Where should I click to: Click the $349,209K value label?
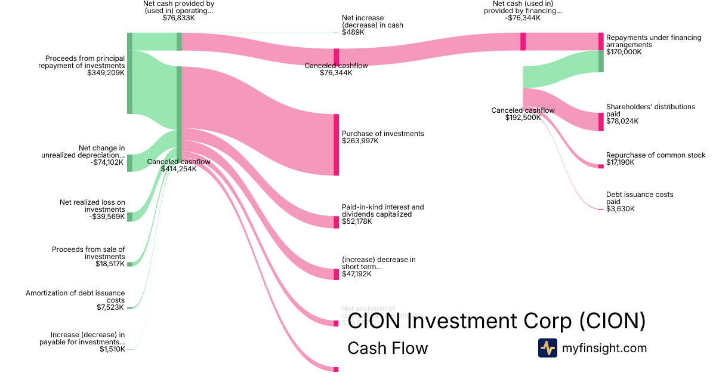tap(106, 73)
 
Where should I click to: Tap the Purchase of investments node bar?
tap(336, 144)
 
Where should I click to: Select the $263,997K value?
tap(360, 141)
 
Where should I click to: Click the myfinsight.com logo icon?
tap(547, 348)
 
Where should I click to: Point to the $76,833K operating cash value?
tap(178, 18)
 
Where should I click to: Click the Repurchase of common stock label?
tap(656, 155)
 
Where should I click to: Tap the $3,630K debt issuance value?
tap(621, 209)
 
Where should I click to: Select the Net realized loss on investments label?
tap(92, 206)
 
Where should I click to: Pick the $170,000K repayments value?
tap(624, 52)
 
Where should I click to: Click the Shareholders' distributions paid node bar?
tap(601, 121)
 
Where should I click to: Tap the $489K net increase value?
tap(353, 32)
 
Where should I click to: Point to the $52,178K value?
tap(357, 221)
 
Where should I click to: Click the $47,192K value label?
tap(357, 274)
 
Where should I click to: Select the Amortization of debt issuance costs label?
tap(75, 297)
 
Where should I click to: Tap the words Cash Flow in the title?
tap(387, 348)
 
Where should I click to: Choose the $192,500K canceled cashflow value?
tap(523, 118)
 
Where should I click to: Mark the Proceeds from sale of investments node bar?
tap(129, 264)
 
